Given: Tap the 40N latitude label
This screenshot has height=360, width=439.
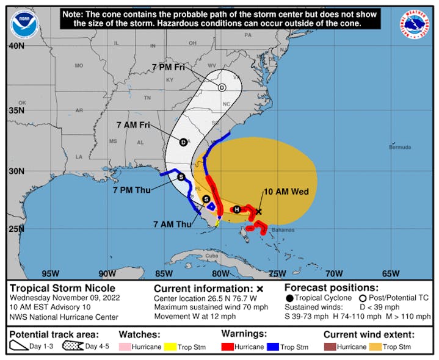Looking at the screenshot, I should [x=16, y=46].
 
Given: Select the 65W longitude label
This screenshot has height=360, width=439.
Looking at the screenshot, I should [x=391, y=273].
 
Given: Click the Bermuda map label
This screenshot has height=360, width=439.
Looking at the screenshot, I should [x=400, y=148].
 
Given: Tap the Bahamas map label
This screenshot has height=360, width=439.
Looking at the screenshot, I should [x=283, y=230].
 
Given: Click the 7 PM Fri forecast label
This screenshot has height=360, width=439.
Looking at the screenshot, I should [x=167, y=67].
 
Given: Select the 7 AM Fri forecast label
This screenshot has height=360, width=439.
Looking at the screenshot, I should [x=133, y=124].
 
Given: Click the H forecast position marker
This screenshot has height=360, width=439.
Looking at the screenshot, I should [x=237, y=209].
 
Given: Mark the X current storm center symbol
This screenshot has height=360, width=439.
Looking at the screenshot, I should [x=259, y=212].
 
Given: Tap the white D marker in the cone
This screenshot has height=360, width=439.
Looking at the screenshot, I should [x=222, y=88].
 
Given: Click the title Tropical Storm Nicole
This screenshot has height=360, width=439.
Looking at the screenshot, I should [x=62, y=288].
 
